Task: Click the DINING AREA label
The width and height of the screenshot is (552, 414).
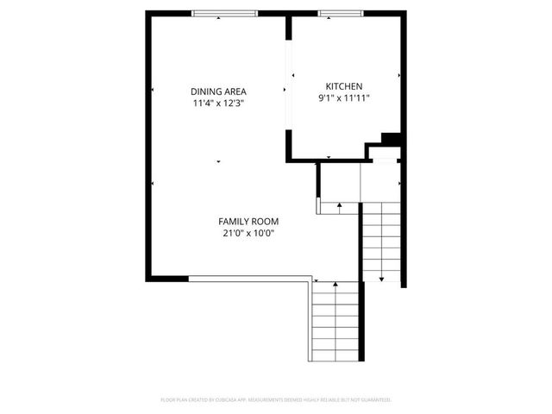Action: (218, 91)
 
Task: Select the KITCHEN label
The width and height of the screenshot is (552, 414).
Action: (343, 85)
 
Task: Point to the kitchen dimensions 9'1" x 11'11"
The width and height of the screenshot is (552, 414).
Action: (343, 97)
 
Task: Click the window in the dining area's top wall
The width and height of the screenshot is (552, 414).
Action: (224, 13)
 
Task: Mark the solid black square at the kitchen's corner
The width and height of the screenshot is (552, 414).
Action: (391, 138)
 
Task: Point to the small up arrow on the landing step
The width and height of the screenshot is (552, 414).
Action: (340, 205)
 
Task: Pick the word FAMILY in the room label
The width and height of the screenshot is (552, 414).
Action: (233, 221)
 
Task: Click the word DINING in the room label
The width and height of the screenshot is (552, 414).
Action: (207, 91)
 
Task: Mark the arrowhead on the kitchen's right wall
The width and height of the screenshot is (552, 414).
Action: (399, 76)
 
